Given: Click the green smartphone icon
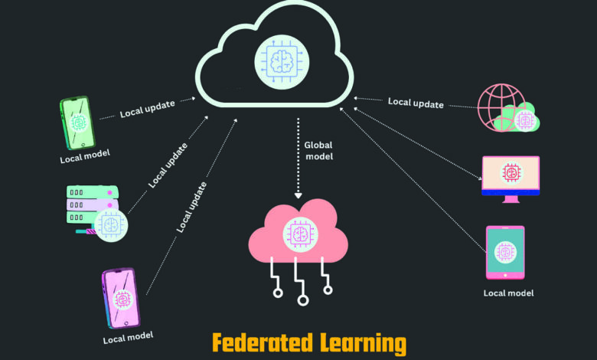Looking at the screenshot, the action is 77,123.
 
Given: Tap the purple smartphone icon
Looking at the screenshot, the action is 121,298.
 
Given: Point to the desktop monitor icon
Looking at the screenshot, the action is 511,179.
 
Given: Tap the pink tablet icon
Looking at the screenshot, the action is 505,253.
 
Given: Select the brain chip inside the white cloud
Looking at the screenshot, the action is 282,62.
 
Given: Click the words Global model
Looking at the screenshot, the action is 318,151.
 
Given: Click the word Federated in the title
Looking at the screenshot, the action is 263,342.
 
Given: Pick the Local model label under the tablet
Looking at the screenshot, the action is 508,293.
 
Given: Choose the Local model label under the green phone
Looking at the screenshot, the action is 85,156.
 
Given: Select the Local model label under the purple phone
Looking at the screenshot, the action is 128,338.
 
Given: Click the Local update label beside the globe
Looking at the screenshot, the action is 416,103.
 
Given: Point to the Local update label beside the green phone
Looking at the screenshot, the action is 148,109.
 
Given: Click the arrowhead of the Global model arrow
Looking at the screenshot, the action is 298,196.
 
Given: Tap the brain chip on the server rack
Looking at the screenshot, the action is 111,224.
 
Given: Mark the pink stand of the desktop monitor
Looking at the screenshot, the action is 511,199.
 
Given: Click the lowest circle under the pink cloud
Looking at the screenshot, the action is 302,300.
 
